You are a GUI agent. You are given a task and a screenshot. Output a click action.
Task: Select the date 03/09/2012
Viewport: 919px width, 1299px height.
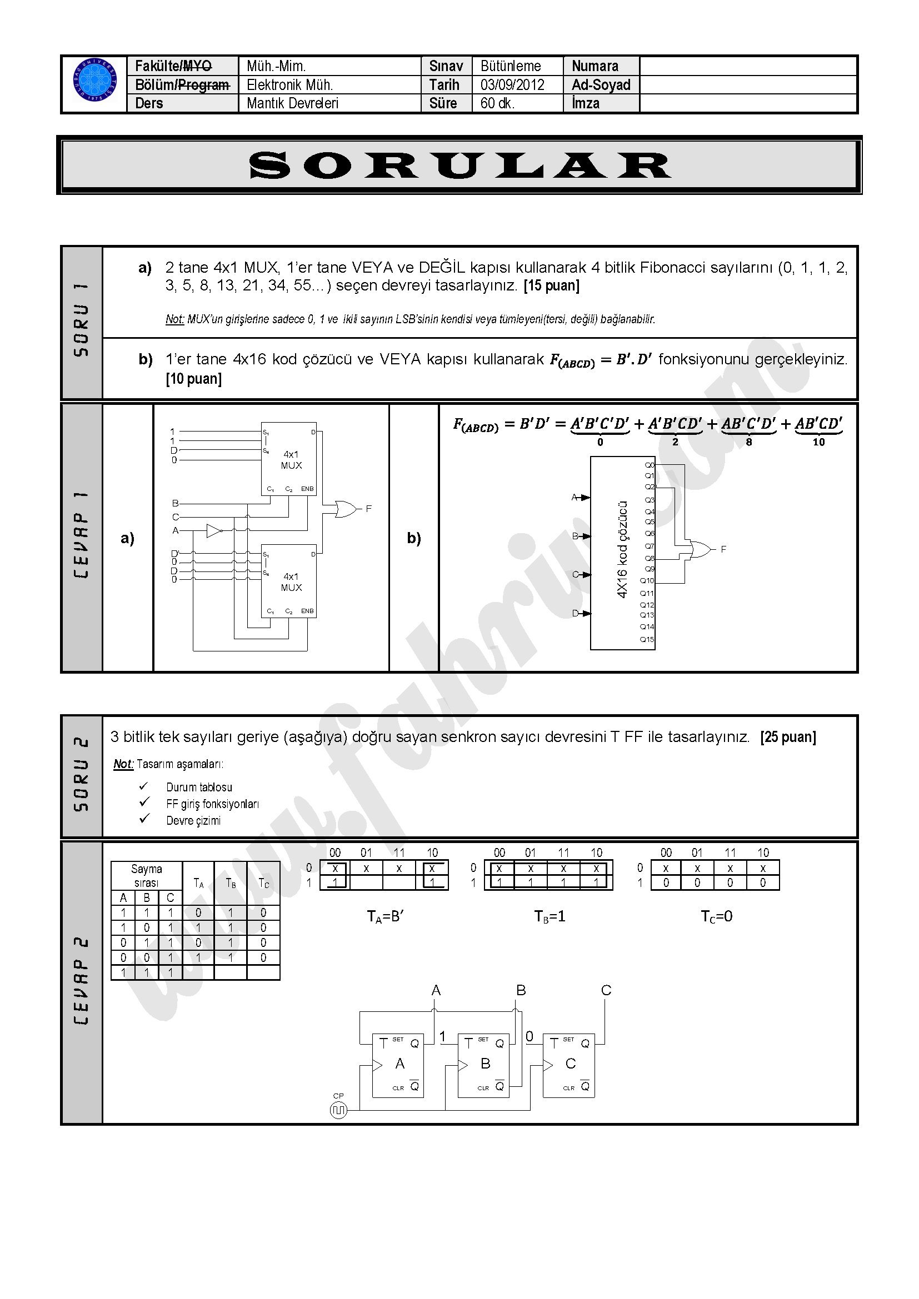[x=512, y=85]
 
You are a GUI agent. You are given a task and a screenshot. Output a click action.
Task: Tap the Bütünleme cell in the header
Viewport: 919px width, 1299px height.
[x=511, y=66]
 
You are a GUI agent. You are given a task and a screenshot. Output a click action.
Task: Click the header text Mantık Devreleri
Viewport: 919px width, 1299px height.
[x=292, y=103]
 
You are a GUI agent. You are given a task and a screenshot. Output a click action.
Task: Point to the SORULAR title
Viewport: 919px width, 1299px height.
[x=459, y=165]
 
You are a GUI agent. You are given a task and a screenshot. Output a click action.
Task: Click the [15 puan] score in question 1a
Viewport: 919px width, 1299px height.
[x=552, y=285]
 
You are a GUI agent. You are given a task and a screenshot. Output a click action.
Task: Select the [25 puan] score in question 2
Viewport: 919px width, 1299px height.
[x=788, y=737]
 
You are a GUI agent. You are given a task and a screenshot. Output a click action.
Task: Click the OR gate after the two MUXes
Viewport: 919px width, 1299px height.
[x=345, y=509]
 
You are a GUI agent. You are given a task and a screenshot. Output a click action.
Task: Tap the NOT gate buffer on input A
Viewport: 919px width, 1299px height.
[x=214, y=531]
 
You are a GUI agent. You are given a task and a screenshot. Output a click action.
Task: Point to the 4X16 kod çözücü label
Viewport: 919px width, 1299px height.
[x=622, y=549]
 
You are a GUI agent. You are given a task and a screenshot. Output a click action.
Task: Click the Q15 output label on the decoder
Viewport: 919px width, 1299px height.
[x=647, y=640]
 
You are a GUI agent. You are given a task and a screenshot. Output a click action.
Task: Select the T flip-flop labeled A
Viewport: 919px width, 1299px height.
[x=398, y=1066]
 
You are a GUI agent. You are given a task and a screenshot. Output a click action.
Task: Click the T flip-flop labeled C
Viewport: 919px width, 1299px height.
[x=569, y=1066]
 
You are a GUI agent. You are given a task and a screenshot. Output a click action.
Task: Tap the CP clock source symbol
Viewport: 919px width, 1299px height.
[x=338, y=1111]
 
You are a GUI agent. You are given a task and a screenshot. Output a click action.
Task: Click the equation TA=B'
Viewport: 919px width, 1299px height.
[x=385, y=916]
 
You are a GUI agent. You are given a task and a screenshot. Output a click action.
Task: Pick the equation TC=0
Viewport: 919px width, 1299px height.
[x=716, y=916]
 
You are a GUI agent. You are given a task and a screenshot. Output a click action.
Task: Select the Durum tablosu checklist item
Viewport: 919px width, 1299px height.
[x=198, y=788]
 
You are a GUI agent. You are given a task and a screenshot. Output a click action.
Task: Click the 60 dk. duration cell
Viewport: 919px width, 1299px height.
[x=497, y=103]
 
